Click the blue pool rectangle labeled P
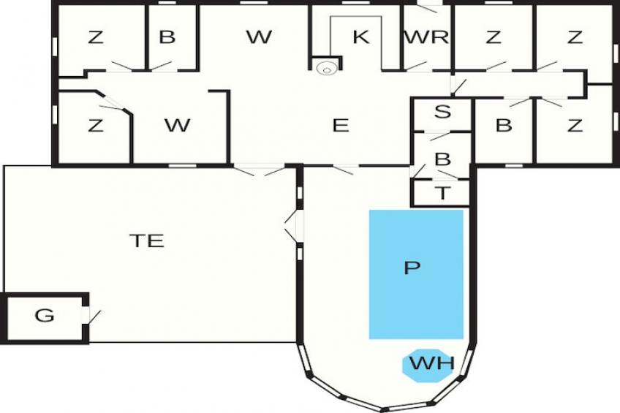click(416, 274)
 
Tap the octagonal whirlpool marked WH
click(428, 365)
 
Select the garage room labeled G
click(45, 317)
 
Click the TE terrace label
click(147, 240)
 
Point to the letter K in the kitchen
click(360, 37)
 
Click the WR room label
click(427, 37)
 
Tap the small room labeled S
click(442, 115)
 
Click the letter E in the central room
click(341, 125)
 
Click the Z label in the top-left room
click(96, 37)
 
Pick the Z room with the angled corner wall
click(94, 126)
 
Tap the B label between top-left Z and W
click(167, 37)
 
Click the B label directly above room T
click(442, 159)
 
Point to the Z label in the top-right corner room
click(575, 37)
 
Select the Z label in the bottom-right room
click(575, 125)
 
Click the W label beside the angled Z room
click(178, 125)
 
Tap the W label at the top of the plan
click(259, 37)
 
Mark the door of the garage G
click(93, 317)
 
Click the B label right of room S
click(504, 125)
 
